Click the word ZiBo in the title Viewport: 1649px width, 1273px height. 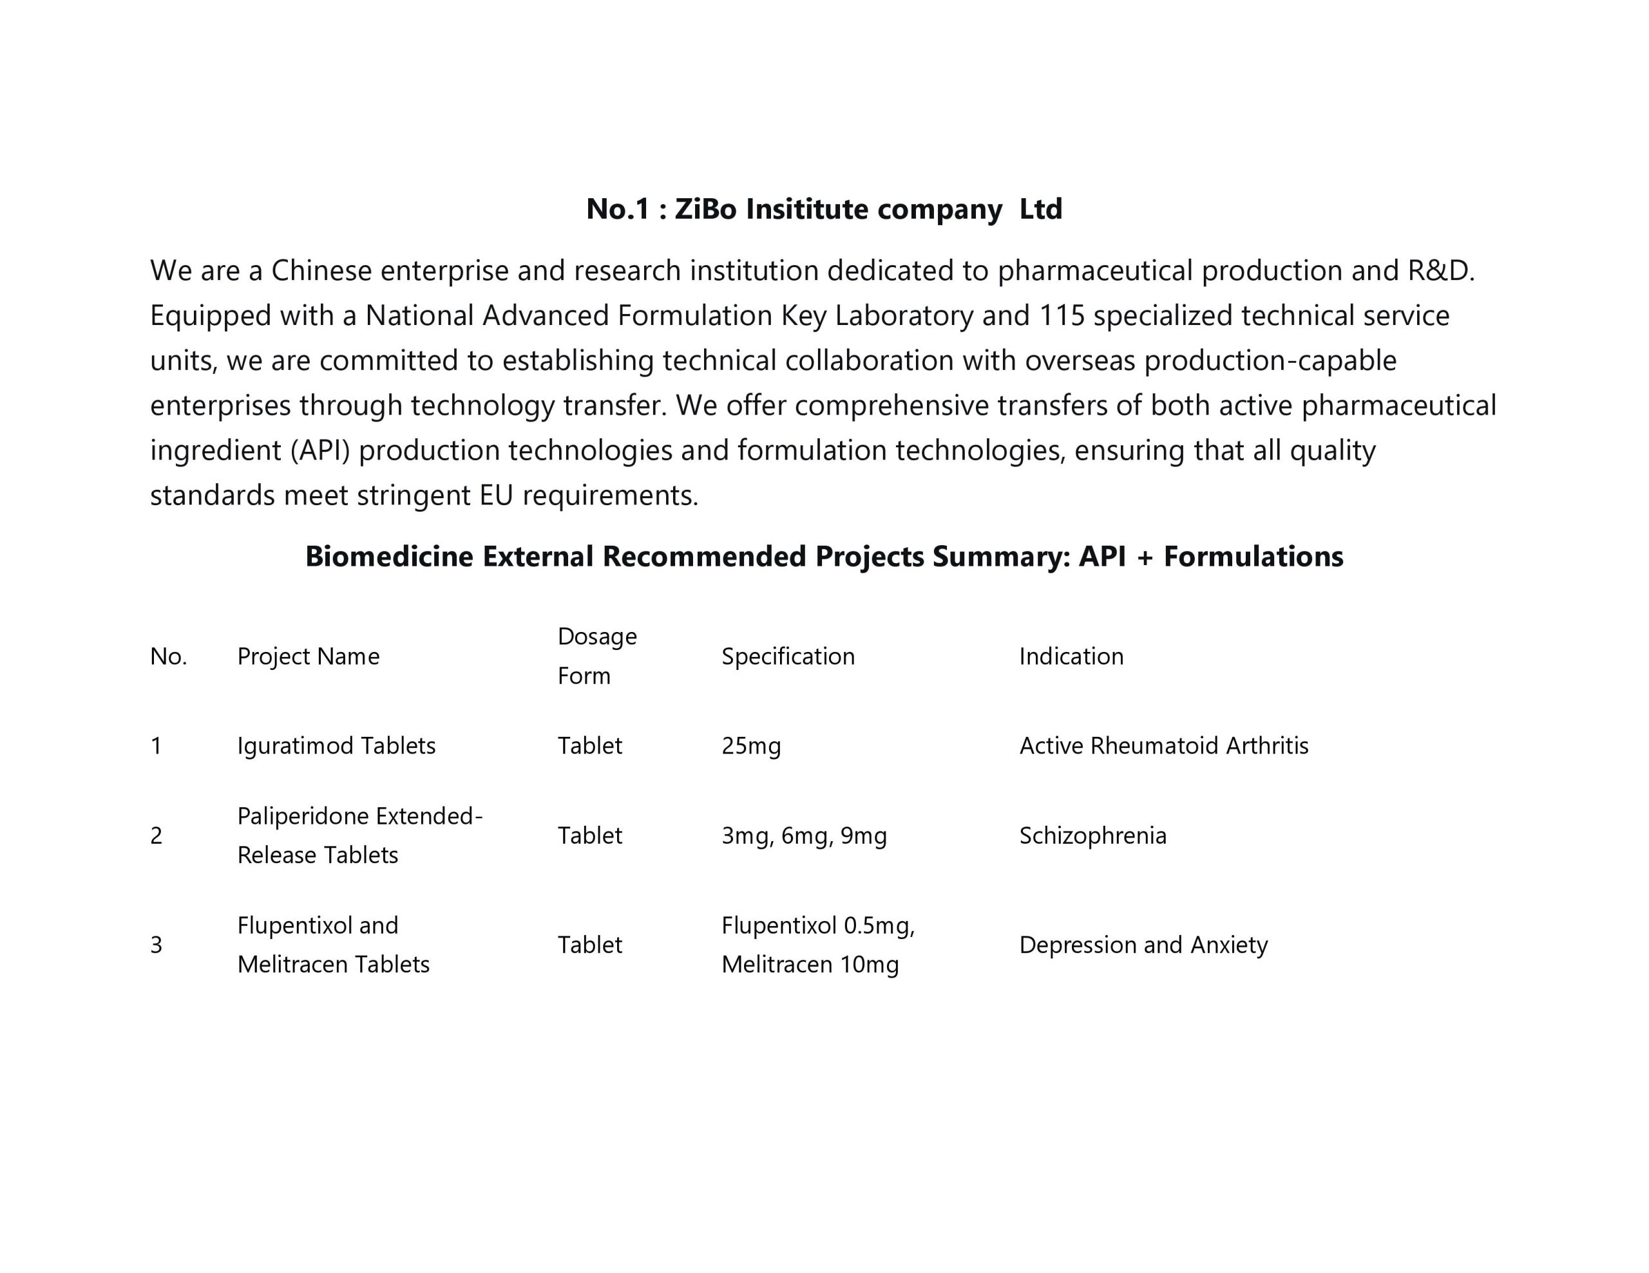[x=705, y=209]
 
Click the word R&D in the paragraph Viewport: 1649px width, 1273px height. [x=1439, y=270]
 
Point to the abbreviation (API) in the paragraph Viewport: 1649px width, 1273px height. [x=320, y=451]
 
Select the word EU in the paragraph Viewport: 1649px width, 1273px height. [x=496, y=496]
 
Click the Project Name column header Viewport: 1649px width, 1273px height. [x=308, y=656]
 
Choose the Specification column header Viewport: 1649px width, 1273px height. [x=788, y=656]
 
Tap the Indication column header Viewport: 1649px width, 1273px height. [x=1071, y=656]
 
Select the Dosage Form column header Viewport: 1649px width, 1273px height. [x=596, y=656]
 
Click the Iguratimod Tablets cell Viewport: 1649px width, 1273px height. [x=336, y=745]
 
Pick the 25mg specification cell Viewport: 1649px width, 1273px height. [x=750, y=745]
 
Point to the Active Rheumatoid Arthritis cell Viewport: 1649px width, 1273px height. [x=1163, y=745]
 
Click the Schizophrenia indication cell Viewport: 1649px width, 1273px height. [x=1092, y=835]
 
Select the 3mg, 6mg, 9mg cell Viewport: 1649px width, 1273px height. [x=803, y=835]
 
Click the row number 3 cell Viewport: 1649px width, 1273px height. [x=157, y=945]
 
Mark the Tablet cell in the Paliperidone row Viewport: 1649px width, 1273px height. [x=589, y=835]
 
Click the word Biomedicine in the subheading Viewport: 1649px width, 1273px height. [x=389, y=557]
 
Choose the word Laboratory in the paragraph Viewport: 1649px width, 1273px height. [x=904, y=315]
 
